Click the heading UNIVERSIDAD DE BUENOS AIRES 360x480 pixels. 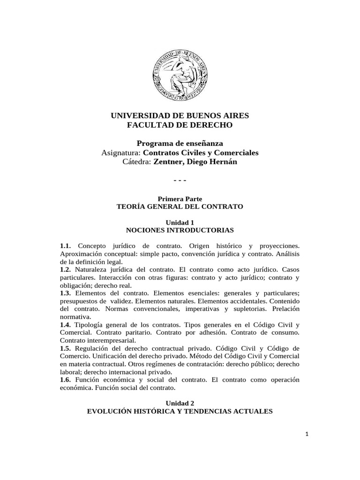(180, 115)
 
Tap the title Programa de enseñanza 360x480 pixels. (180, 143)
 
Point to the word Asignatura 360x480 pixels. (121, 152)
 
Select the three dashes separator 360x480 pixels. (180, 180)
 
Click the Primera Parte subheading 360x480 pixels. (180, 199)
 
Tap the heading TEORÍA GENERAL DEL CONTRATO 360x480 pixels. (180, 207)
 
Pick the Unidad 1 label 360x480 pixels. (180, 222)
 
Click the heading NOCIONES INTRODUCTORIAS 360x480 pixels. (180, 230)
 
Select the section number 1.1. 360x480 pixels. (65, 246)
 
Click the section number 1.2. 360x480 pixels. (65, 270)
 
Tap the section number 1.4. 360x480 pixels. (65, 325)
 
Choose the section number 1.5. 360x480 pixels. (65, 349)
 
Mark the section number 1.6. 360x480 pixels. (65, 380)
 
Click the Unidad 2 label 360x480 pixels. (180, 403)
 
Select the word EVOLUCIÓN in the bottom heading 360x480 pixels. (111, 411)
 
